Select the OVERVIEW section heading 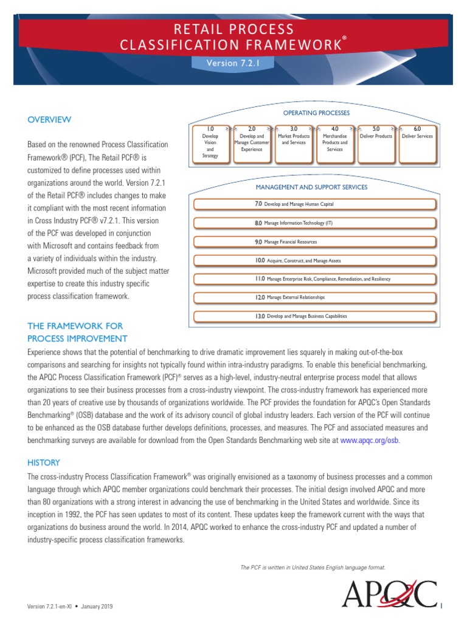49,120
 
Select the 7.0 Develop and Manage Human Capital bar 314,204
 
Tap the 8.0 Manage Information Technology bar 314,223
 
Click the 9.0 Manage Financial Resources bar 314,242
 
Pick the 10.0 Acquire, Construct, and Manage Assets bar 314,260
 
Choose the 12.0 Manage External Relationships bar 314,298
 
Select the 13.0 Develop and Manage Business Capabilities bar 314,316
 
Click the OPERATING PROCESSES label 316,113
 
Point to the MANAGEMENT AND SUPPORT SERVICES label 311,187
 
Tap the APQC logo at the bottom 389,594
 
